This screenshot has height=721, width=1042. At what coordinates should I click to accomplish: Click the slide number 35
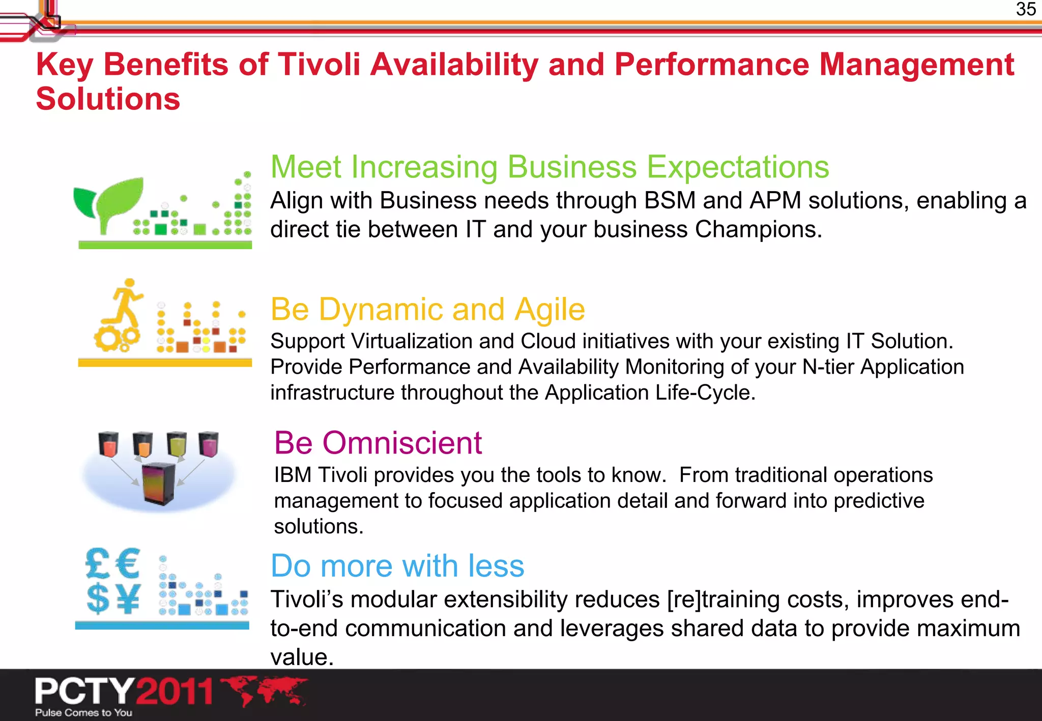pos(1025,10)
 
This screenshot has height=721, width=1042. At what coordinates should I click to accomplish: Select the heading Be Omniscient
pos(378,443)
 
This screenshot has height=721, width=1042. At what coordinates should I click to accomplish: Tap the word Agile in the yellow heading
pos(549,310)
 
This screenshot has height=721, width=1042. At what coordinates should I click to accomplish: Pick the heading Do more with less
pos(397,566)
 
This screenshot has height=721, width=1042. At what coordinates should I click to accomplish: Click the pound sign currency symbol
pos(98,563)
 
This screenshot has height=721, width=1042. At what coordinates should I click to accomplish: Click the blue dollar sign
pos(98,599)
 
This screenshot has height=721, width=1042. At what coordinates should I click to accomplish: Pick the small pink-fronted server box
pos(208,444)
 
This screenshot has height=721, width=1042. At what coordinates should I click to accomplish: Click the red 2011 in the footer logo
pos(175,691)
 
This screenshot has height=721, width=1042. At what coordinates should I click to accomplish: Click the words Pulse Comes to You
pos(84,713)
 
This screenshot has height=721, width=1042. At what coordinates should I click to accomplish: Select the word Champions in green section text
pos(758,229)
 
